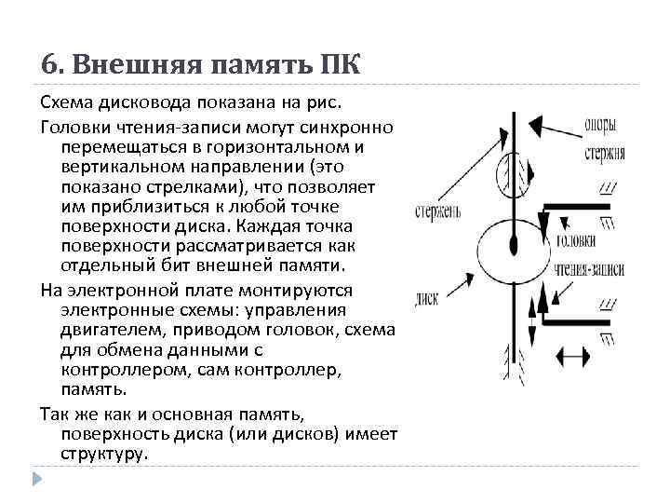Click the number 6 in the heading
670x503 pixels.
pos(49,64)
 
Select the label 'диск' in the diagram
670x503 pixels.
pos(427,300)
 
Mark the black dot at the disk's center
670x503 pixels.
pos(513,244)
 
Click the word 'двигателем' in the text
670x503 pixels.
pos(103,330)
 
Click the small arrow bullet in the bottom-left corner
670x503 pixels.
pos(37,480)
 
